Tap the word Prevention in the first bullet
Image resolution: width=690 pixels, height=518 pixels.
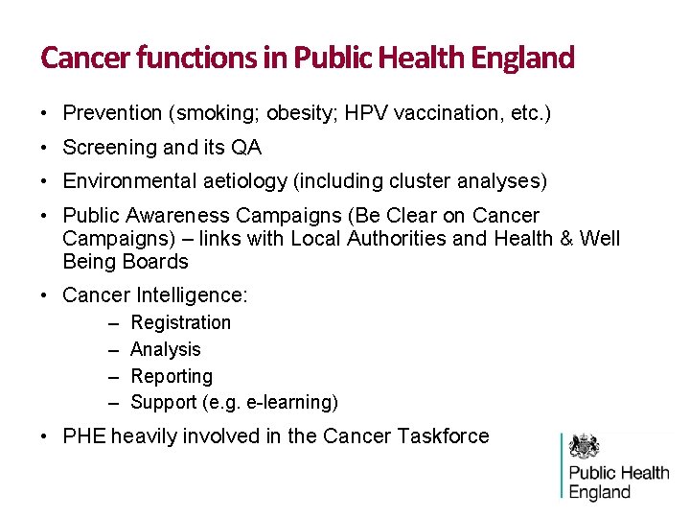point(112,113)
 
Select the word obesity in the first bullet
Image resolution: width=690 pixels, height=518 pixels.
point(300,113)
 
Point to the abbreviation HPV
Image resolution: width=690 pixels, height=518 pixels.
point(364,113)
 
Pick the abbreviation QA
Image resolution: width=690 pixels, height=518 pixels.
point(246,148)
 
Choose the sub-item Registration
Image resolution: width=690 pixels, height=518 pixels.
point(180,323)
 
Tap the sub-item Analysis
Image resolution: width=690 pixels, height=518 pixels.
point(166,350)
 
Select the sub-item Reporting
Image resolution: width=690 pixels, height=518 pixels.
point(172,377)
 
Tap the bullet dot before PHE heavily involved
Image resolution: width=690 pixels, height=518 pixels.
point(46,436)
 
